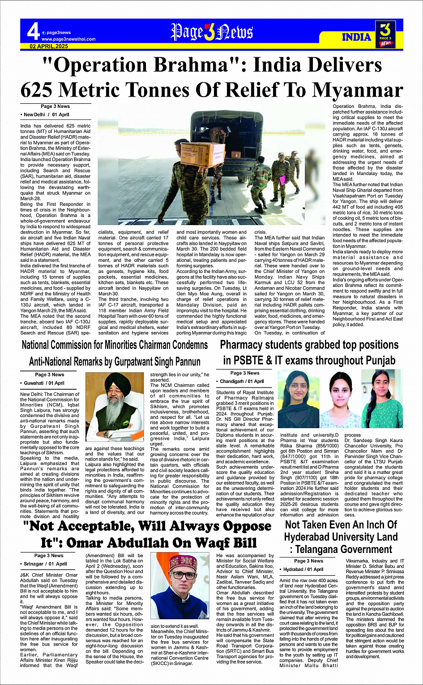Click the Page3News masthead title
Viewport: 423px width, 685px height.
212,32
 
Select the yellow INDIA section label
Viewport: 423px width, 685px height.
356,37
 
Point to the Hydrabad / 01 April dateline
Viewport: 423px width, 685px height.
303,570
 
